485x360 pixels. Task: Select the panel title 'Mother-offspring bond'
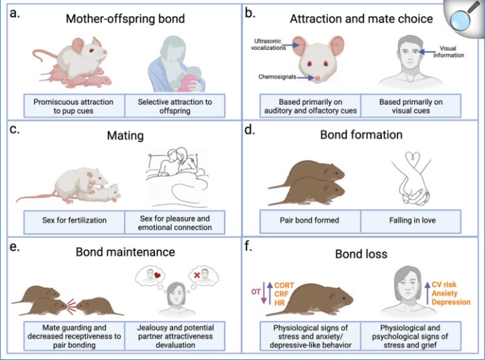[x=125, y=18]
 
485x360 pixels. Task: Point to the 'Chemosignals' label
[x=278, y=77]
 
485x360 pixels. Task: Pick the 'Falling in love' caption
[x=412, y=220]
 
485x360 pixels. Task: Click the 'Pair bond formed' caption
[x=309, y=220]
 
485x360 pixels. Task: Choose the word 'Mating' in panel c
[x=125, y=136]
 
